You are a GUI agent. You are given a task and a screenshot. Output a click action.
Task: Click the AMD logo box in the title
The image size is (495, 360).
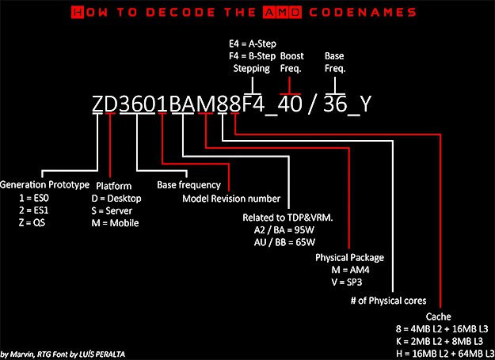tap(282, 13)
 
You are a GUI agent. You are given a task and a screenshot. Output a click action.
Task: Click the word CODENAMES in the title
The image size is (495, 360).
tap(363, 13)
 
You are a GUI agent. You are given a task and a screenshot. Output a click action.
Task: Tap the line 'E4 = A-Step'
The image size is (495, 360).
tap(253, 44)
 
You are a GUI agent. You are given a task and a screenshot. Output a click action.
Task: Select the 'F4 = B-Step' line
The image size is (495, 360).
tap(252, 56)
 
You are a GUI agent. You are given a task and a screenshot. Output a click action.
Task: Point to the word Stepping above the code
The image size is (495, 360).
tap(252, 69)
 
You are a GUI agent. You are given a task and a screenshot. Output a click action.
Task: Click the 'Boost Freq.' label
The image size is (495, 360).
tap(291, 62)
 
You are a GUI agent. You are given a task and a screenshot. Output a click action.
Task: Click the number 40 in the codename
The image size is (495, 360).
tap(290, 104)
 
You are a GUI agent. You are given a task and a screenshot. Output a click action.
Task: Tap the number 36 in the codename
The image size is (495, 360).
tap(335, 104)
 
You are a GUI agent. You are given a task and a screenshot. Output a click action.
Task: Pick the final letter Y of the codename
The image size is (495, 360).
tap(366, 104)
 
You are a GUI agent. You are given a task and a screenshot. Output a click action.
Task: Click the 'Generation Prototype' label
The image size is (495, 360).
tap(44, 184)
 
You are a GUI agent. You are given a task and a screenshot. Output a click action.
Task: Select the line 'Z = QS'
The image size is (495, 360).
tap(32, 223)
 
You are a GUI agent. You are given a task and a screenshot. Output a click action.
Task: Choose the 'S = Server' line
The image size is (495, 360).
tap(112, 210)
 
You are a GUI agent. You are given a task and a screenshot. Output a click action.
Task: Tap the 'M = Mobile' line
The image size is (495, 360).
tap(115, 223)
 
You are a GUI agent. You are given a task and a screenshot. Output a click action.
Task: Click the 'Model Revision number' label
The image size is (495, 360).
tap(231, 199)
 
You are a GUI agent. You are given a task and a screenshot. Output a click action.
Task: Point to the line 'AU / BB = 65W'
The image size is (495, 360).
tap(284, 242)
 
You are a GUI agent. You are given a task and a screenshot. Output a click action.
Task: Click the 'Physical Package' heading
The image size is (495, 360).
tap(349, 258)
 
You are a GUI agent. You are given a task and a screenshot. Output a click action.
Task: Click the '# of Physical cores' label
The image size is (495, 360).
tap(388, 301)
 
